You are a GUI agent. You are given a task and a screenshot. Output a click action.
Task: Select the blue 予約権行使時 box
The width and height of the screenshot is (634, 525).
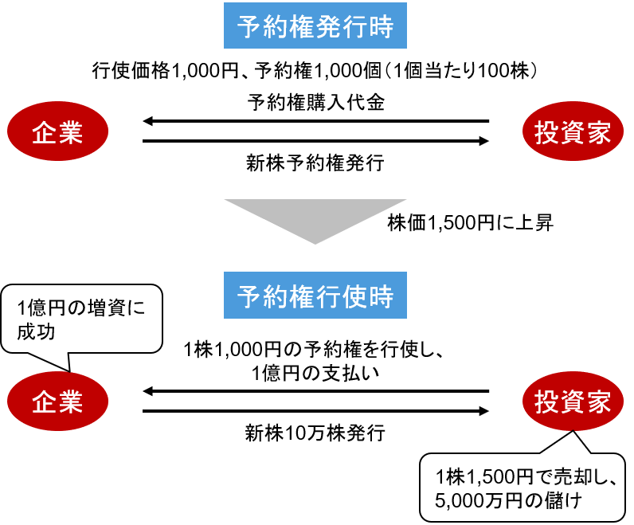point(315,296)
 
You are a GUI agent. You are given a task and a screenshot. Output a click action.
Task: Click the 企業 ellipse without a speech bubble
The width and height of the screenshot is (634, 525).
point(57,133)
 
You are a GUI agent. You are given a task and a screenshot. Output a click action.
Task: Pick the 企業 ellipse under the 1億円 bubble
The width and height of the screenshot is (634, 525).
point(57,402)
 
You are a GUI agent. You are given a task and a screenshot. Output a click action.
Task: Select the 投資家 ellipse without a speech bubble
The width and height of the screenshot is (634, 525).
point(573,133)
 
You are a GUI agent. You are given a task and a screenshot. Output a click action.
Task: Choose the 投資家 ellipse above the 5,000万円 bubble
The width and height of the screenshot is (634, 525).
point(573,402)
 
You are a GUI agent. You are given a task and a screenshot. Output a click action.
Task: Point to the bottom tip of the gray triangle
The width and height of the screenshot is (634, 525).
point(315,242)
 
